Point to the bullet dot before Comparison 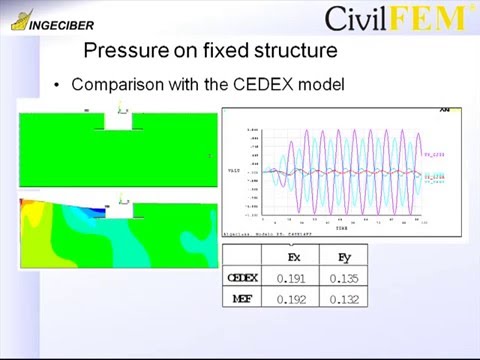[58, 85]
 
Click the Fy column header [340, 257]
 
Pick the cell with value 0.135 [341, 277]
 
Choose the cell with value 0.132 [341, 297]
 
